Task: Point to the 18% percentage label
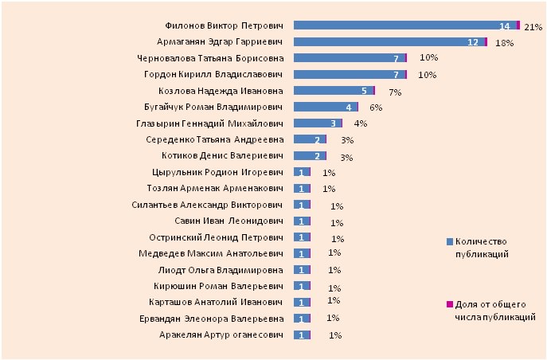(503, 43)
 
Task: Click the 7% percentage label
(394, 92)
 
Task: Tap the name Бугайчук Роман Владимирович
(217, 107)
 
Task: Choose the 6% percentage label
(377, 108)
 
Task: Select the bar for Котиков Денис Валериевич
(308, 156)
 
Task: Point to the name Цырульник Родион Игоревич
(217, 172)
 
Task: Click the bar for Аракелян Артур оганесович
(302, 335)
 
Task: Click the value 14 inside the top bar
(504, 26)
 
